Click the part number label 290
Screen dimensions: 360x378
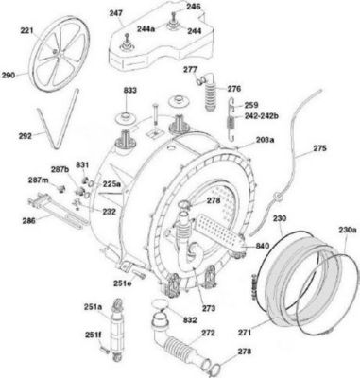[9, 76]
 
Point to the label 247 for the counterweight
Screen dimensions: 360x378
[116, 13]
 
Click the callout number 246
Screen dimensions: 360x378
[194, 6]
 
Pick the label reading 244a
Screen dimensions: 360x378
[146, 28]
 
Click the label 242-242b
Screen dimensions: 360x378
[262, 116]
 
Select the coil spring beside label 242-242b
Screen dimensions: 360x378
[232, 118]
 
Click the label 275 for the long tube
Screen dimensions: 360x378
[319, 147]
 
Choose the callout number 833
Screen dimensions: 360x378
[129, 91]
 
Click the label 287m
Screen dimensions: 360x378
[38, 180]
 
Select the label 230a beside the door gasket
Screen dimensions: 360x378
[348, 230]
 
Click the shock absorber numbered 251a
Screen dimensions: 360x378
[116, 329]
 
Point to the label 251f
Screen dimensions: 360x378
[93, 335]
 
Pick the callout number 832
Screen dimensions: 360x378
[190, 320]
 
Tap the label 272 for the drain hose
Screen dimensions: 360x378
[208, 333]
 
